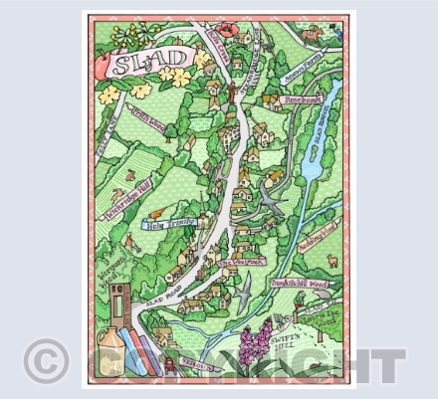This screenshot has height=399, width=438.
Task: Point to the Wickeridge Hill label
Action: click(x=128, y=200)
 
